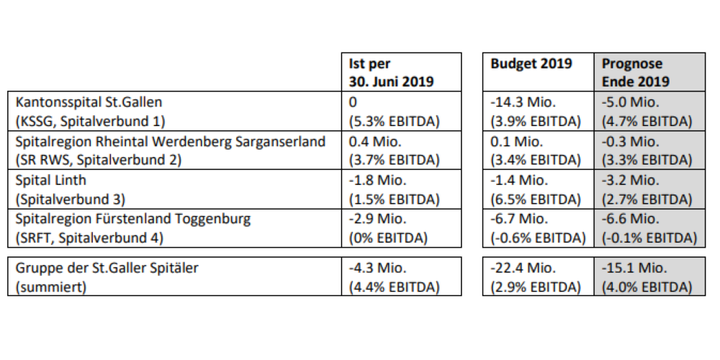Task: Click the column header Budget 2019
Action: tap(531, 63)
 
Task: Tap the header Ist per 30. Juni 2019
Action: tap(391, 72)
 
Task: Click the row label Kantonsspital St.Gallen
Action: tap(89, 102)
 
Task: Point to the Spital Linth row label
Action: tap(50, 180)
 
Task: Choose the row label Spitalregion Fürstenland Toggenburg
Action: tap(133, 219)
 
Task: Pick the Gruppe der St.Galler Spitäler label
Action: tap(107, 267)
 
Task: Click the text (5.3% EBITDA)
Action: tap(394, 121)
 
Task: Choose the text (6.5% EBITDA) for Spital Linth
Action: tap(536, 199)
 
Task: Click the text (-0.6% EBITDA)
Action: tap(538, 238)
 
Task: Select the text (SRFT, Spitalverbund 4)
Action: tap(89, 238)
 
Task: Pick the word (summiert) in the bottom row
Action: tap(51, 287)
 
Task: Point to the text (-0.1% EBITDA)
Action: tap(649, 238)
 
